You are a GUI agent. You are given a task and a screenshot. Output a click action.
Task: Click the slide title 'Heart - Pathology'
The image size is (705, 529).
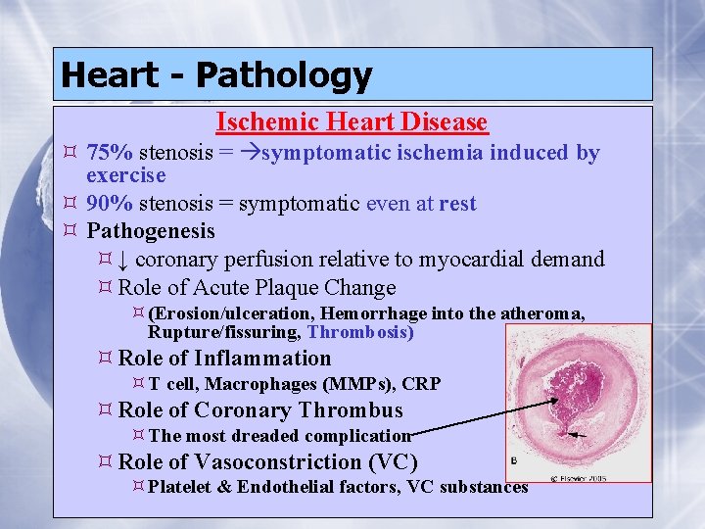coord(215,75)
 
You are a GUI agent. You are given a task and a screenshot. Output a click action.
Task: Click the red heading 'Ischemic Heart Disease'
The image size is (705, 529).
coord(352,122)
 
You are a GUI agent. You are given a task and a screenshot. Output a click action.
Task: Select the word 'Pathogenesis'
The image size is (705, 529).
coord(151,231)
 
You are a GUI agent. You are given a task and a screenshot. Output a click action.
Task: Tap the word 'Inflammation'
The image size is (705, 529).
coord(263,359)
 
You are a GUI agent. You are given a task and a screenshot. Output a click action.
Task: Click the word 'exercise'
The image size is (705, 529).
coord(126,176)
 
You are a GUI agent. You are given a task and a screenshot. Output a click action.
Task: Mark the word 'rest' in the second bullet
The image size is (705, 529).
coord(457,204)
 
